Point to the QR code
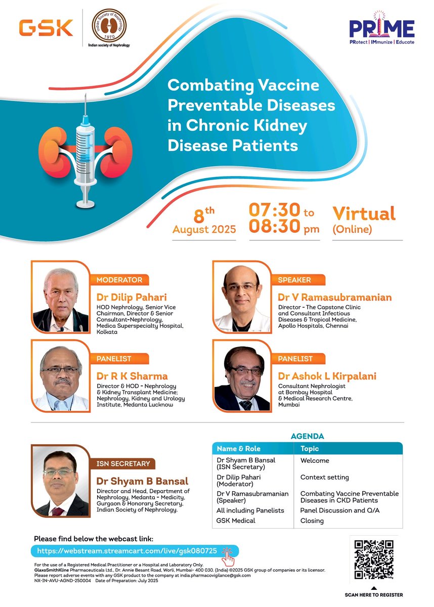(x=374, y=559)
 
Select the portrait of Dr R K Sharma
(x=60, y=377)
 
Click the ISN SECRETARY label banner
(x=122, y=464)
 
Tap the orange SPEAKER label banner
(x=294, y=280)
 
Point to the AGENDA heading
(x=308, y=436)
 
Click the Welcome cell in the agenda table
(x=315, y=461)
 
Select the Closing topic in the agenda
(x=312, y=521)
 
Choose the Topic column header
(x=310, y=448)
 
